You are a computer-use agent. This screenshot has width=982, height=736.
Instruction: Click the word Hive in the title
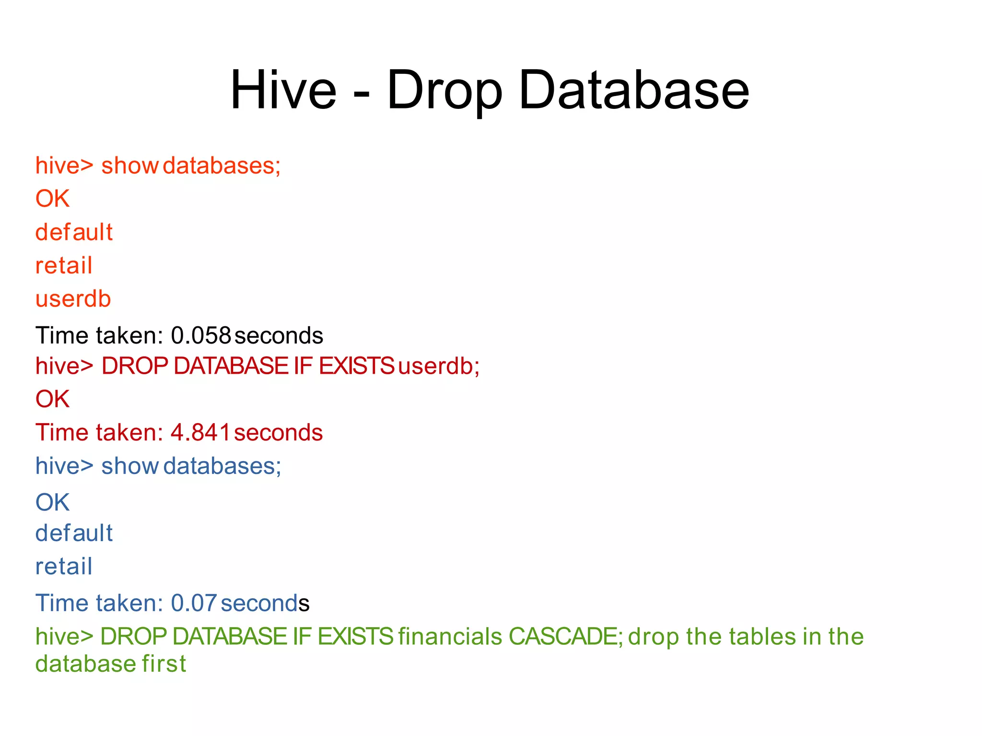pyautogui.click(x=283, y=90)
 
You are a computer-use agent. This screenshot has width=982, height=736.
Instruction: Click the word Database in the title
pyautogui.click(x=633, y=90)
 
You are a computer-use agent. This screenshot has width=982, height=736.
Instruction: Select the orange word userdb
pyautogui.click(x=73, y=299)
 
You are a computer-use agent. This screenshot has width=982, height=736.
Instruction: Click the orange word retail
pyautogui.click(x=64, y=265)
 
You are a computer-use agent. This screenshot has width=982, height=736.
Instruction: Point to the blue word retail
pyautogui.click(x=64, y=566)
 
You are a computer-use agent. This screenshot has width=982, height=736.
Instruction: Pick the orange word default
pyautogui.click(x=74, y=232)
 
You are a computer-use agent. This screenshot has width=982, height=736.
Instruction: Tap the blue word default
pyautogui.click(x=74, y=533)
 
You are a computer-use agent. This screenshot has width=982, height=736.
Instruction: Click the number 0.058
pyautogui.click(x=201, y=335)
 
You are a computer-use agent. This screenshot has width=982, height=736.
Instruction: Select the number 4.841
pyautogui.click(x=200, y=432)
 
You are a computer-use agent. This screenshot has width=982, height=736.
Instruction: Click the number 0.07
pyautogui.click(x=194, y=603)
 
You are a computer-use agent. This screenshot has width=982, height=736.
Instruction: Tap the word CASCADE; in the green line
pyautogui.click(x=566, y=637)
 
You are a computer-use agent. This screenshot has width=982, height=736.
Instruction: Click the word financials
pyautogui.click(x=450, y=637)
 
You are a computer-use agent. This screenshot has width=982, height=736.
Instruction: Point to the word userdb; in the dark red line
pyautogui.click(x=438, y=366)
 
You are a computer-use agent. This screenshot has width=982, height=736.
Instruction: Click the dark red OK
pyautogui.click(x=52, y=399)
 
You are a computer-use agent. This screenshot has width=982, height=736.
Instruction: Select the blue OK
pyautogui.click(x=52, y=502)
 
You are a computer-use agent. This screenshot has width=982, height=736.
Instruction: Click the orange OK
pyautogui.click(x=52, y=199)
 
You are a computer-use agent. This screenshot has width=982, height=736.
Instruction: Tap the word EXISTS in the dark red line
pyautogui.click(x=356, y=366)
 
